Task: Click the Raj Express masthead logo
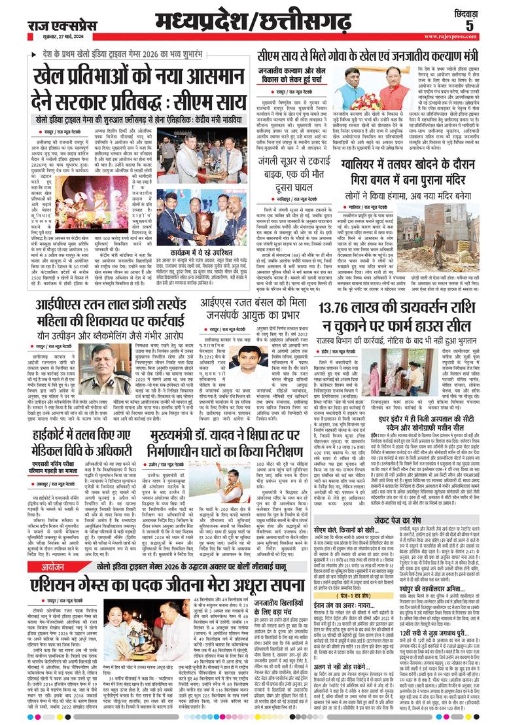pos(52,26)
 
